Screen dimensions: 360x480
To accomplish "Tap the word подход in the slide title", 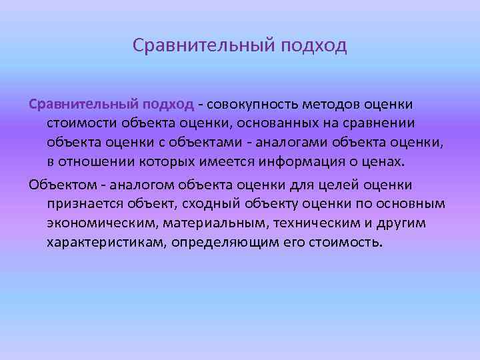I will point(314,46).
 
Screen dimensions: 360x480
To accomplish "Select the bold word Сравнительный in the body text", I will point(82,105).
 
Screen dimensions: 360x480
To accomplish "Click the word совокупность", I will point(254,105).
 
